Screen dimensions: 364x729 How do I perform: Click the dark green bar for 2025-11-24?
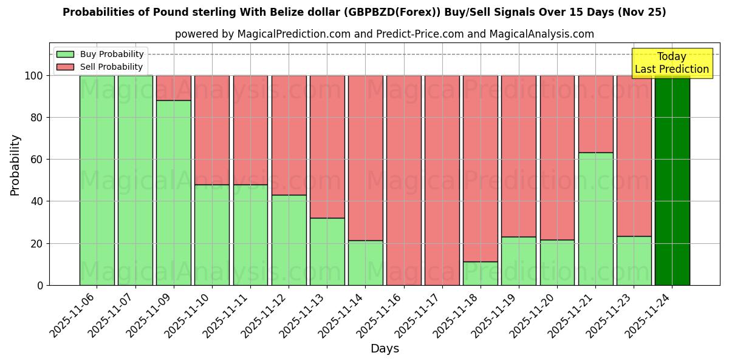(672, 180)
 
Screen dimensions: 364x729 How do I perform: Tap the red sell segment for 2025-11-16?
(403, 180)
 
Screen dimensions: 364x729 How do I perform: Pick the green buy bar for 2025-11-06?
(97, 180)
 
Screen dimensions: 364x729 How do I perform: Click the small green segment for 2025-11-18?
(480, 274)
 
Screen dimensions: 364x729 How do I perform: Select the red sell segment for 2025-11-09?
(173, 88)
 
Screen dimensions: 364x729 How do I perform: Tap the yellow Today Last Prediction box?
(671, 63)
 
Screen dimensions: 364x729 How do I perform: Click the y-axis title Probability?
(15, 165)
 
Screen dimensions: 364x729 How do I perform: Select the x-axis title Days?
(385, 349)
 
